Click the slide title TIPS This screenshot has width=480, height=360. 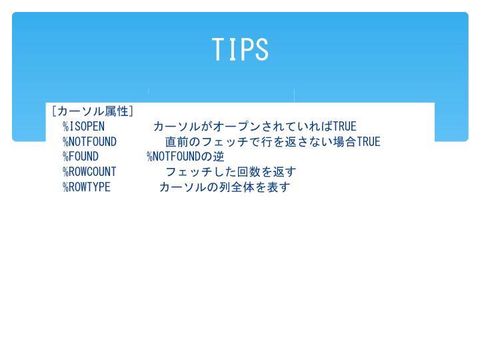(x=240, y=49)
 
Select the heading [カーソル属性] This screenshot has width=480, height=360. (x=93, y=111)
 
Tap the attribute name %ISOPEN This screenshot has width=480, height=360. (x=83, y=127)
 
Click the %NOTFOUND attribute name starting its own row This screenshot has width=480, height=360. (x=89, y=142)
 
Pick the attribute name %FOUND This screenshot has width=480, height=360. (x=81, y=157)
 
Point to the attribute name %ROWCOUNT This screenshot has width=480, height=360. (x=89, y=172)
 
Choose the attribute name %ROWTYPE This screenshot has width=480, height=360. (x=86, y=187)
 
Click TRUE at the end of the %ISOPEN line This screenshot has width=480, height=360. (x=345, y=127)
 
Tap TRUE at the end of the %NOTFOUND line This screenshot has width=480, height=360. (x=369, y=142)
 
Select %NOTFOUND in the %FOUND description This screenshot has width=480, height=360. (x=173, y=157)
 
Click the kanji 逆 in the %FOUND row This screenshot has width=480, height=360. (x=219, y=157)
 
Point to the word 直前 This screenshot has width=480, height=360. (x=177, y=142)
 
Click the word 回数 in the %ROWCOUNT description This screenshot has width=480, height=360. (x=249, y=172)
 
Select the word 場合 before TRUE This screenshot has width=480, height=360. (x=345, y=142)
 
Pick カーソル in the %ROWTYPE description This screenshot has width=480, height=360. (x=183, y=187)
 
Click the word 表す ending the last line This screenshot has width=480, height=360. (x=279, y=187)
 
